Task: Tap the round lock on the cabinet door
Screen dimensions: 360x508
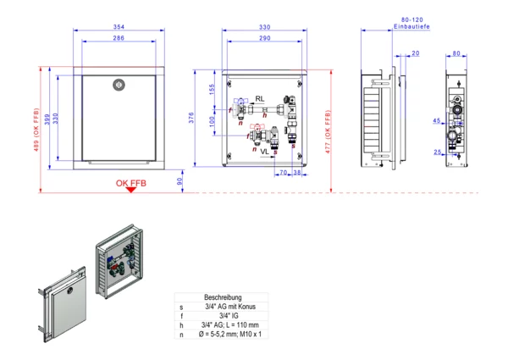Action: [118, 84]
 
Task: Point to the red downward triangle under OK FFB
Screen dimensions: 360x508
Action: [130, 190]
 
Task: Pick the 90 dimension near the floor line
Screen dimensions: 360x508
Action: [179, 180]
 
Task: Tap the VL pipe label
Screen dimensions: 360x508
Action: [264, 150]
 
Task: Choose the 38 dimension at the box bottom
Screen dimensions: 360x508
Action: [297, 173]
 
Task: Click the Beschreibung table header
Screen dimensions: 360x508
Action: [224, 297]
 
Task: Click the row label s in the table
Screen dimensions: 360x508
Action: [181, 307]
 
